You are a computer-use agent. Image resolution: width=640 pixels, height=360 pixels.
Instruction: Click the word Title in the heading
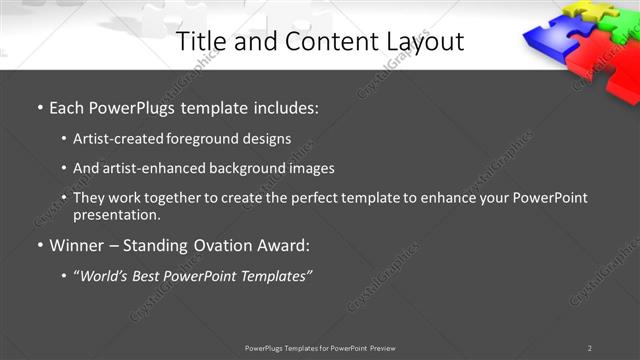click(198, 41)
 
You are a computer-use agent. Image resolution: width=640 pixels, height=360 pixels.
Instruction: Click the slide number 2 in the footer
click(589, 348)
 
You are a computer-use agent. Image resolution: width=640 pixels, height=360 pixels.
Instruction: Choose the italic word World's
click(108, 276)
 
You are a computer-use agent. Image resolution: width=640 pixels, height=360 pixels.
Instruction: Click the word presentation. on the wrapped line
click(117, 214)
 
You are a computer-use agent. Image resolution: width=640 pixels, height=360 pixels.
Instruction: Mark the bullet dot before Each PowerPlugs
click(40, 107)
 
